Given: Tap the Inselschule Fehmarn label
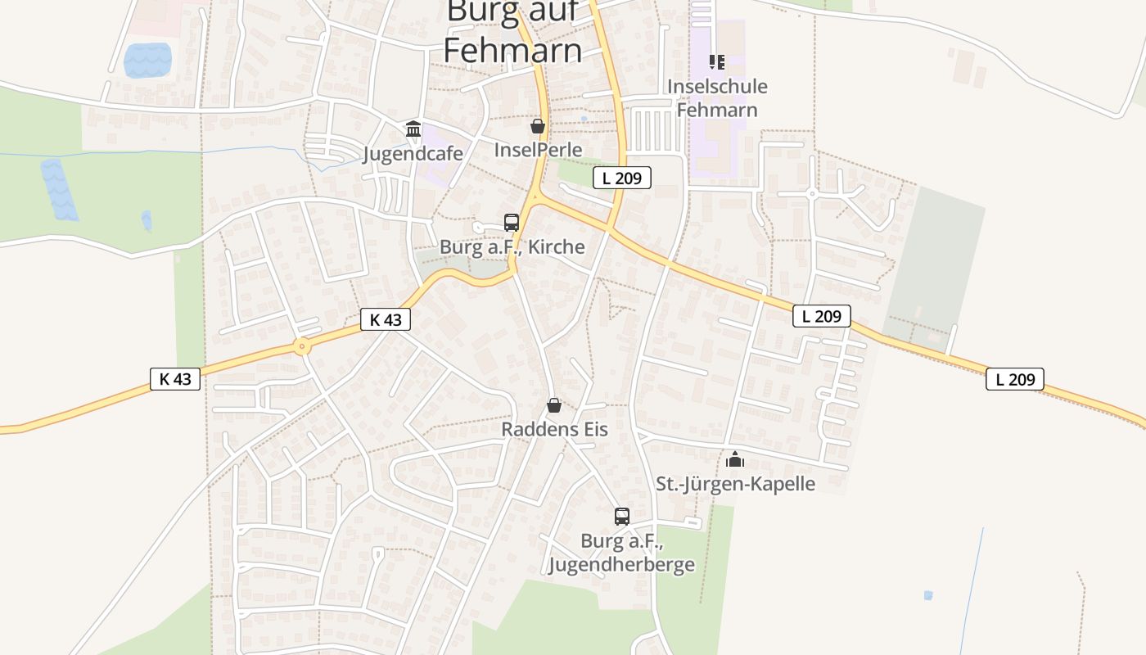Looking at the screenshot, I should coord(717,98).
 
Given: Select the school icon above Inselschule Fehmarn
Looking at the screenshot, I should coord(717,61).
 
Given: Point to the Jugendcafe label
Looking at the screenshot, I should coord(413,154).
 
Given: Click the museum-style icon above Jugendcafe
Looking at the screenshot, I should coord(413,129).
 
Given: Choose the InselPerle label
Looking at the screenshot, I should coord(538,150).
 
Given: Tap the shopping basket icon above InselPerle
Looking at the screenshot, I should coord(538,126).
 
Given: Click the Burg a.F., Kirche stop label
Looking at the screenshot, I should coord(512,246).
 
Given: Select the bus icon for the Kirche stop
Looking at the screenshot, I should coord(512,222).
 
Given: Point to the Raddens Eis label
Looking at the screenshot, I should coord(554,429).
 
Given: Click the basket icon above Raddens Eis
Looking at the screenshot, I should coord(554,405).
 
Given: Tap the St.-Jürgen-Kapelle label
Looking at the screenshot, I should coord(735,483).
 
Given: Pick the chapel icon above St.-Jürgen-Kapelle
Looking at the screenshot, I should coord(735,458).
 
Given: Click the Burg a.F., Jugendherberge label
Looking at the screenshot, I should coord(621,553).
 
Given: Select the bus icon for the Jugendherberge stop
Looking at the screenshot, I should coord(622,516).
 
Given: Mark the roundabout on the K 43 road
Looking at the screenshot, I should coord(303,347).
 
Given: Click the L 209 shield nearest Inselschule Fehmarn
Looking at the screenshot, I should coord(622,177).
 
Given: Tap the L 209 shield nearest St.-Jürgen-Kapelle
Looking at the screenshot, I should coord(822,316).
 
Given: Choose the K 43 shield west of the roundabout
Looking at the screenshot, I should coord(175,379).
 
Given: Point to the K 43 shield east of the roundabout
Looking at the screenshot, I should coord(386,319).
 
